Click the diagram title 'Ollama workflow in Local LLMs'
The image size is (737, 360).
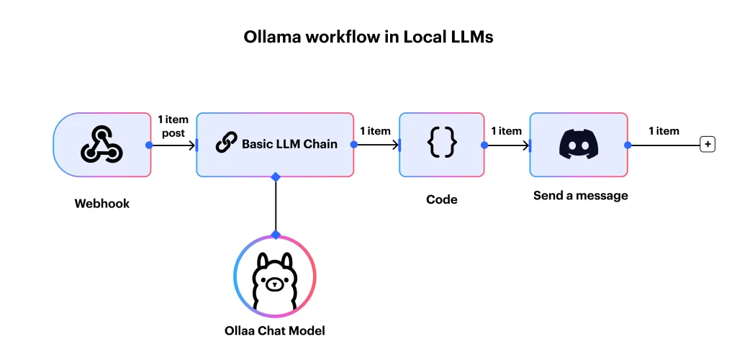coord(368,37)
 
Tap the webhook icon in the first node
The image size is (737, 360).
coord(101,144)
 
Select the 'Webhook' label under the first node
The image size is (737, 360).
coord(102,204)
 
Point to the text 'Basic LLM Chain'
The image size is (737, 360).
coord(289,144)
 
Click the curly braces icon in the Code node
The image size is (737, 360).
coord(441,144)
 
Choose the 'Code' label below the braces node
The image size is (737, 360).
coord(441,199)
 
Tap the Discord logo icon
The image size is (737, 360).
coord(579,144)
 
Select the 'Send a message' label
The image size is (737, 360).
coord(580,195)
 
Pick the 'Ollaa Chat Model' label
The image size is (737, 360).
coord(274,330)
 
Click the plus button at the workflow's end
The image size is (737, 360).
coord(708,145)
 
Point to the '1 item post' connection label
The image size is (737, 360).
coord(173,126)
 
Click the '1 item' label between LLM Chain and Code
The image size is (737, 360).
coord(375,131)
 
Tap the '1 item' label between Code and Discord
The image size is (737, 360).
coord(506,131)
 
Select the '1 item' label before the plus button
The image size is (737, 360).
coord(664,131)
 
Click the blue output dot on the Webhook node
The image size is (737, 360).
coord(150,145)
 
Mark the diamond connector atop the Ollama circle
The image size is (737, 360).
coord(275,235)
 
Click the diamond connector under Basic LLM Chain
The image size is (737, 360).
coord(275,176)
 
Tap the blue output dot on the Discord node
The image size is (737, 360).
coord(628,145)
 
